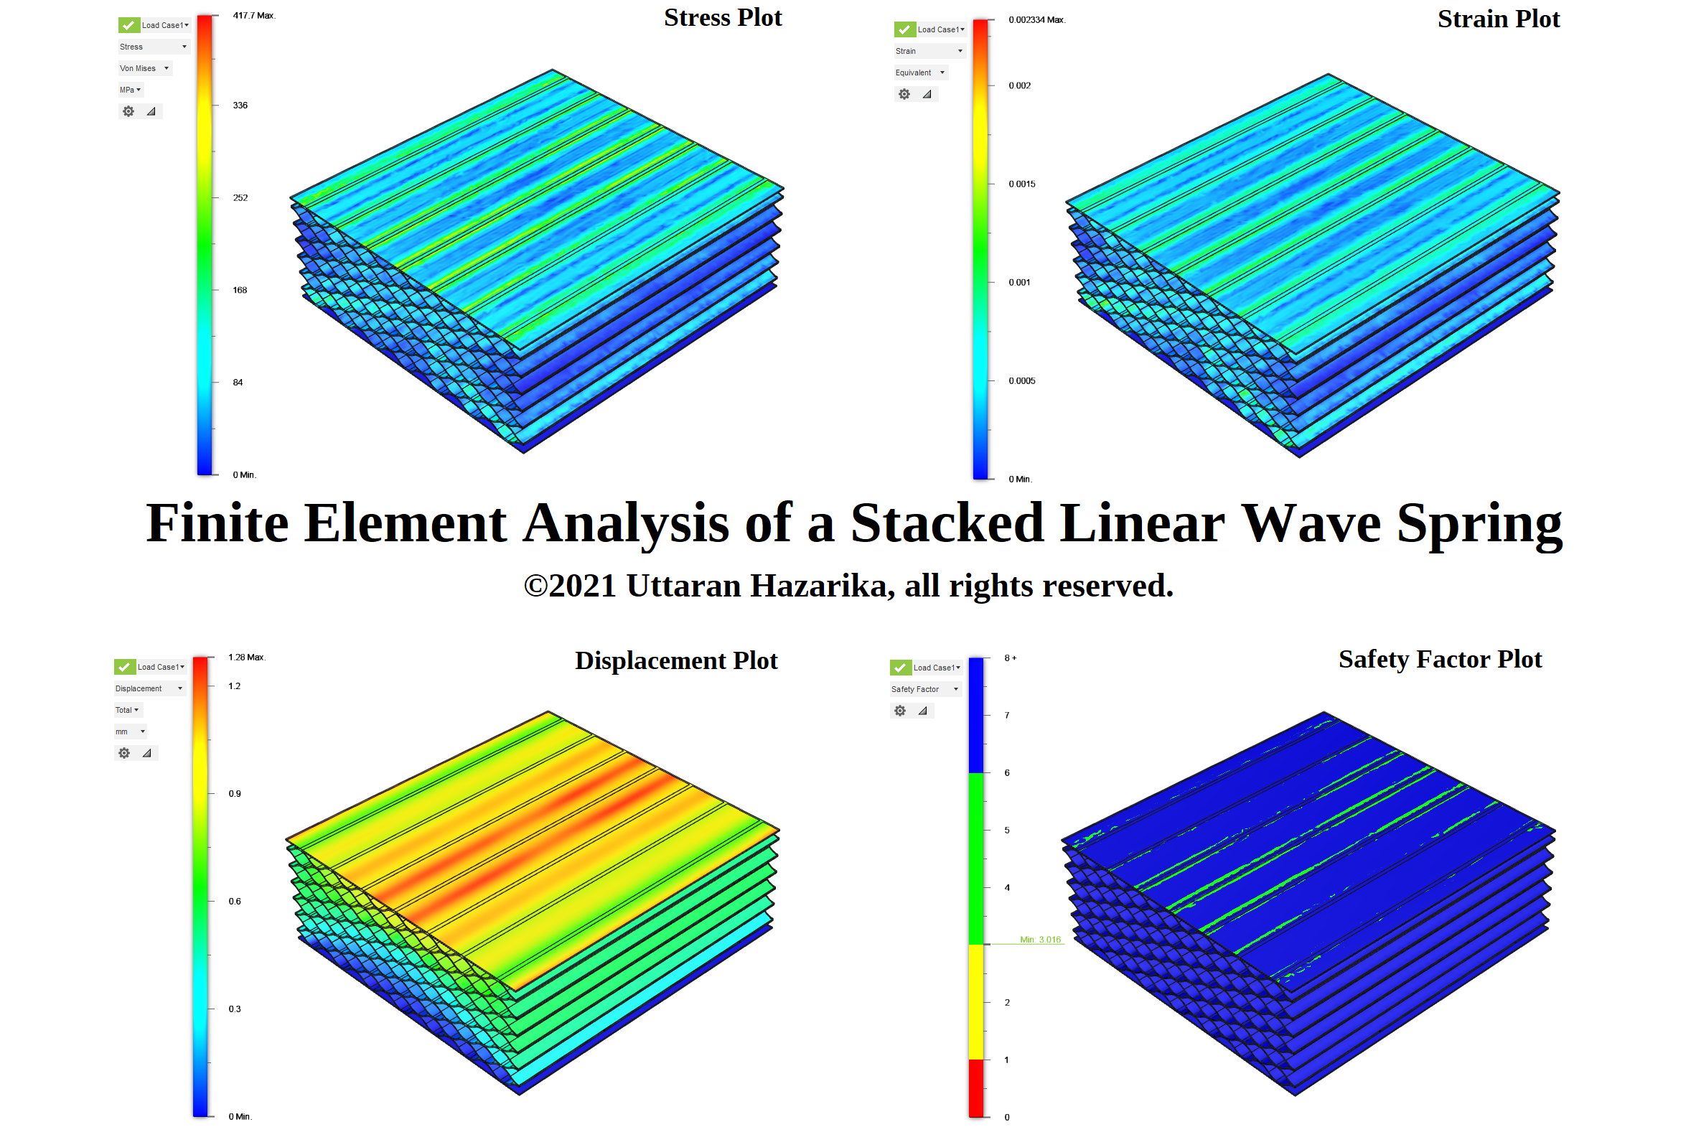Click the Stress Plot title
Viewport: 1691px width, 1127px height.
coord(721,18)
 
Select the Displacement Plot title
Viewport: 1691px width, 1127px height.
coord(675,660)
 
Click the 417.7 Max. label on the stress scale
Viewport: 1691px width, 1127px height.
coord(253,16)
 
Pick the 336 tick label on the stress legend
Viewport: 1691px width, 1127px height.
coord(240,106)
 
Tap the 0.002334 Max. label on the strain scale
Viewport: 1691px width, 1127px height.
coord(1036,20)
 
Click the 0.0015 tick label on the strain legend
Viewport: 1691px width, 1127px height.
coord(1021,184)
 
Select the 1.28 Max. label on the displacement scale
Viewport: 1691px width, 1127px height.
coord(246,658)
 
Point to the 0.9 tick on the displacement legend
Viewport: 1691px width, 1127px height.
coord(234,794)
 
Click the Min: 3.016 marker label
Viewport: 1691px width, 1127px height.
coord(1039,940)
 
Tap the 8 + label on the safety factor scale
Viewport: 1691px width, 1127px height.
coord(1010,658)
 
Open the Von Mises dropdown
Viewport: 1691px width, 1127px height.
coord(144,69)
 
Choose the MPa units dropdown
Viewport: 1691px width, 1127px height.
coord(130,90)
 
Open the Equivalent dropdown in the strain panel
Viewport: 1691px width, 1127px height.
coord(920,73)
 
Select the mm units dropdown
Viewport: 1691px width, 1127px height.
coord(130,732)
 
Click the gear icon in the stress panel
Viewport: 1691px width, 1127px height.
coord(128,112)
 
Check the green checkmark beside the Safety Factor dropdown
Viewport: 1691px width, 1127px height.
coord(900,668)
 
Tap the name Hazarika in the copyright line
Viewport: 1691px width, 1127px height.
coord(818,586)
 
